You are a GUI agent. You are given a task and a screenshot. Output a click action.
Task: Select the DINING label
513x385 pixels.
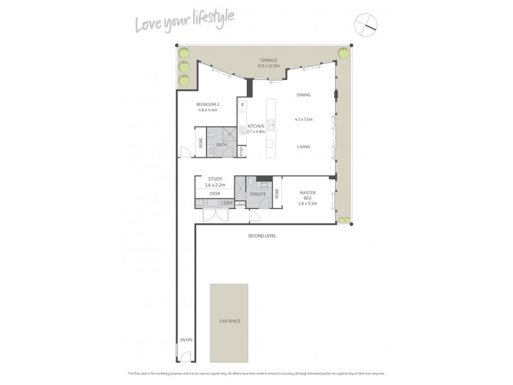coord(303,95)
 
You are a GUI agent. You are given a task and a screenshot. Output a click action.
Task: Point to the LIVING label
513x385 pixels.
coord(303,147)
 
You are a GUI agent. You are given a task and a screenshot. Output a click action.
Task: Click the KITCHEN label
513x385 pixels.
coord(256,126)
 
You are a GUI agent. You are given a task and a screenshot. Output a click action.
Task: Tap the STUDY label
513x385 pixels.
coord(215,179)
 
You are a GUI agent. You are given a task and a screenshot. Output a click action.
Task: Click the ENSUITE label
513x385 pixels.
coord(258,193)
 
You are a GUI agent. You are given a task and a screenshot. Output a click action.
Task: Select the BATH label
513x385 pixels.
coord(222,145)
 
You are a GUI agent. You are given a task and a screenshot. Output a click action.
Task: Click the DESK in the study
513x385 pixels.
coord(215,193)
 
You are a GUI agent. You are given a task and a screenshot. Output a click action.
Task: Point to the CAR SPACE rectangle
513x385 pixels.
coord(230,321)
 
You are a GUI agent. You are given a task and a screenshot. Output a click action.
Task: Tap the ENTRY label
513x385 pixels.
coord(186,340)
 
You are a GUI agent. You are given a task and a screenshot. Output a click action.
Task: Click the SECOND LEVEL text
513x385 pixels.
coord(262,236)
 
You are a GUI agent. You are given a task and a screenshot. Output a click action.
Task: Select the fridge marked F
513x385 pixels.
coord(243,105)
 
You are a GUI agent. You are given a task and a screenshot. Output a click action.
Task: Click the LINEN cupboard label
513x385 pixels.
coord(240,205)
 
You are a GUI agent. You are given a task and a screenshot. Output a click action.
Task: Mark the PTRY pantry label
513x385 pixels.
coord(241,151)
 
